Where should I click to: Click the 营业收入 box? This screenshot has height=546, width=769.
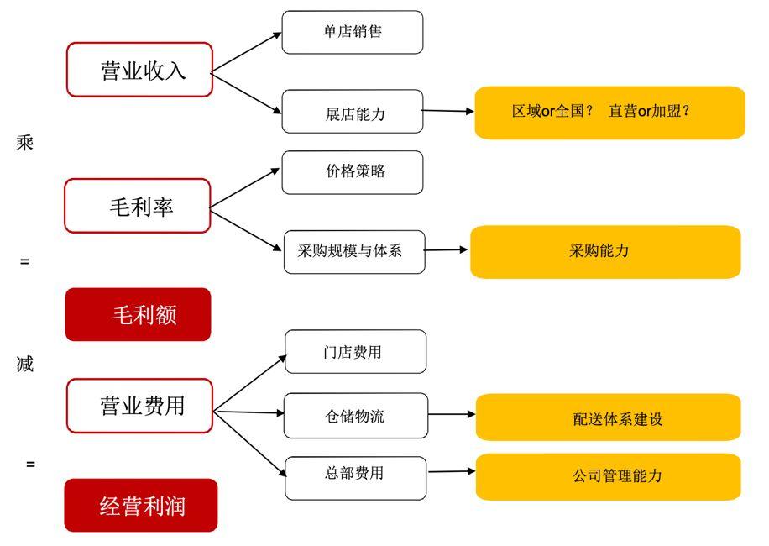139,70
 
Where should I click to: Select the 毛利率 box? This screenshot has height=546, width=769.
138,206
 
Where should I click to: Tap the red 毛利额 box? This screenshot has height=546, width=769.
138,315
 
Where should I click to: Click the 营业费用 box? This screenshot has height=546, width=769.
139,406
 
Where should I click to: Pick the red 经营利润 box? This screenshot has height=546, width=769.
140,506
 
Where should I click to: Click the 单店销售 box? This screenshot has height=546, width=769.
353,32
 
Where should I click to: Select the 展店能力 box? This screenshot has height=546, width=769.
353,112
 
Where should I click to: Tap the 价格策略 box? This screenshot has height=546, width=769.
353,171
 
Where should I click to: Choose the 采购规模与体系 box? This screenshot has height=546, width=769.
354,251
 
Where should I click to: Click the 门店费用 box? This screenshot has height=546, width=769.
355,352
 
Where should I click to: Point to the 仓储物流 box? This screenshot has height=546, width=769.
355,416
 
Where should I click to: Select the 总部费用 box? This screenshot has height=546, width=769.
355,474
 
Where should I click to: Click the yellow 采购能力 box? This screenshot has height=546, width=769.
605,251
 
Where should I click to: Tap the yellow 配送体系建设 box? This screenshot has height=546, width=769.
608,417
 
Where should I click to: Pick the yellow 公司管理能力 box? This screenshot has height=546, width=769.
608,476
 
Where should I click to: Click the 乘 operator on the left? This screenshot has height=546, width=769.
25,142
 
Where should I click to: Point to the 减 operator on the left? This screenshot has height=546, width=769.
25,365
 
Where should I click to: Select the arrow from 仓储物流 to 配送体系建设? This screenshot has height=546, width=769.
452,414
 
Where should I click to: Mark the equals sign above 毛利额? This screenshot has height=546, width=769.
25,261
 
